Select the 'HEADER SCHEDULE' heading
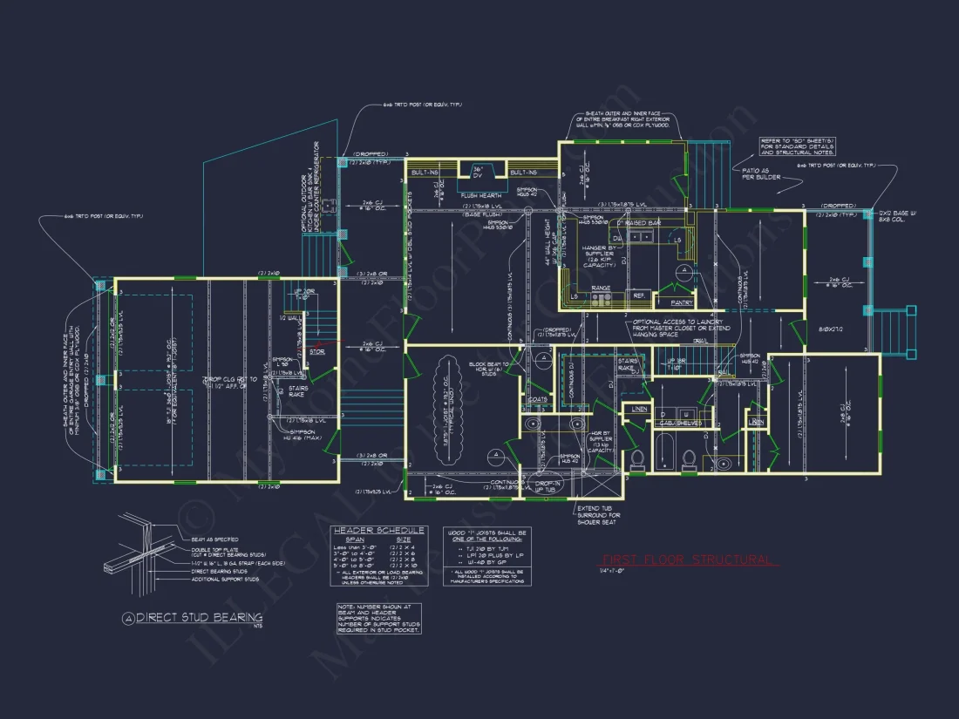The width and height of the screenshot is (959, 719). coord(377,530)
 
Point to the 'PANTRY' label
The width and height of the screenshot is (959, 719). coord(683,302)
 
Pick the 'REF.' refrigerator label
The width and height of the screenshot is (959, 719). coord(639,295)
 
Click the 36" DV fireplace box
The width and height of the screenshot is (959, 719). coord(478,172)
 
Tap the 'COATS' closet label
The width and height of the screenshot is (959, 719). coord(537,400)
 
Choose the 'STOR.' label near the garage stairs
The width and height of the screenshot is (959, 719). coord(317,351)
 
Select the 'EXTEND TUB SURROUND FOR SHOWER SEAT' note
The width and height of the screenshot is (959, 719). coord(600,514)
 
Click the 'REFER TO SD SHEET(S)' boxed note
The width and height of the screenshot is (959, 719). coord(798,146)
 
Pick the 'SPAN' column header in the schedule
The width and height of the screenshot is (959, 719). coord(353,540)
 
